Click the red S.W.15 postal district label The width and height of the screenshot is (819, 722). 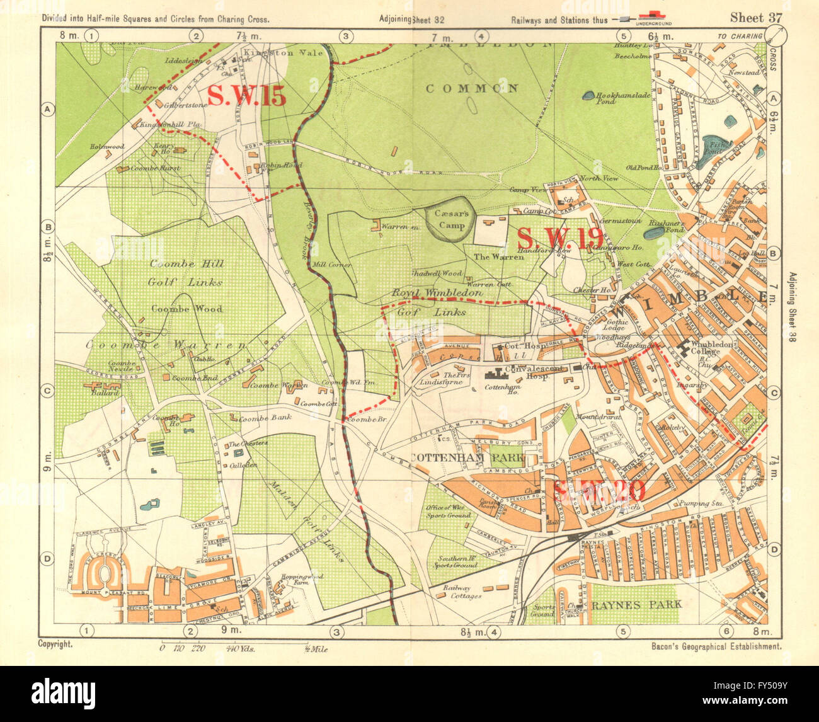pos(246,96)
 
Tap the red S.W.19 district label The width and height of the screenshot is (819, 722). pos(559,239)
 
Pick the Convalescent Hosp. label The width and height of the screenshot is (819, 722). pos(520,371)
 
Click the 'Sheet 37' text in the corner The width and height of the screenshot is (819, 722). pos(755,18)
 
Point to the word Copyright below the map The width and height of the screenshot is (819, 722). pos(55,645)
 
